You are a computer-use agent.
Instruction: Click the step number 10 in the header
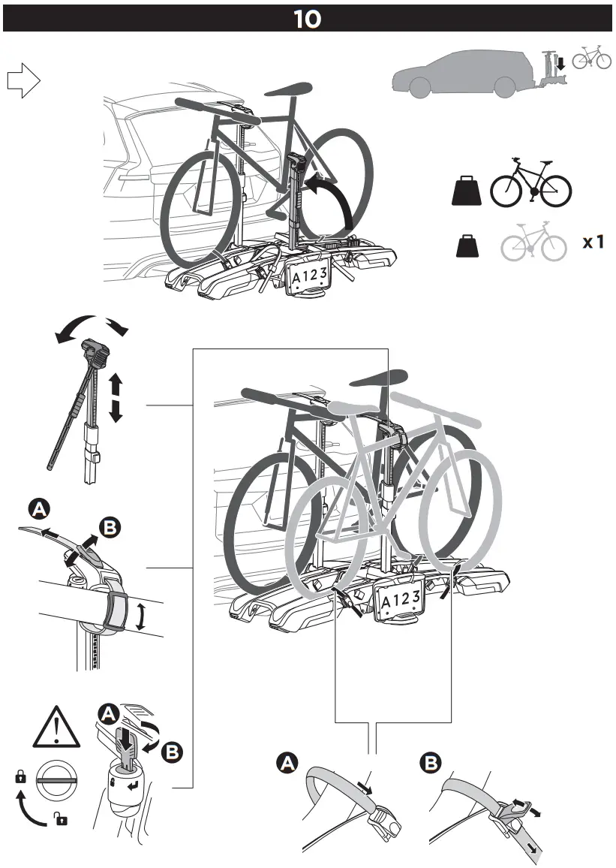coord(308,19)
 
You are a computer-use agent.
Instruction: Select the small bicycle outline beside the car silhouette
coord(592,58)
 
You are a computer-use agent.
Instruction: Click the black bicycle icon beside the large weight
coord(530,184)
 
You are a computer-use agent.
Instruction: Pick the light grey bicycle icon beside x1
coord(533,243)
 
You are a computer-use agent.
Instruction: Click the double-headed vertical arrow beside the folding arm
coord(116,399)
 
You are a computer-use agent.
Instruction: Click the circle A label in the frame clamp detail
coord(38,511)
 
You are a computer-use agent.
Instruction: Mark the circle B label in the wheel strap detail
coord(431,764)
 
